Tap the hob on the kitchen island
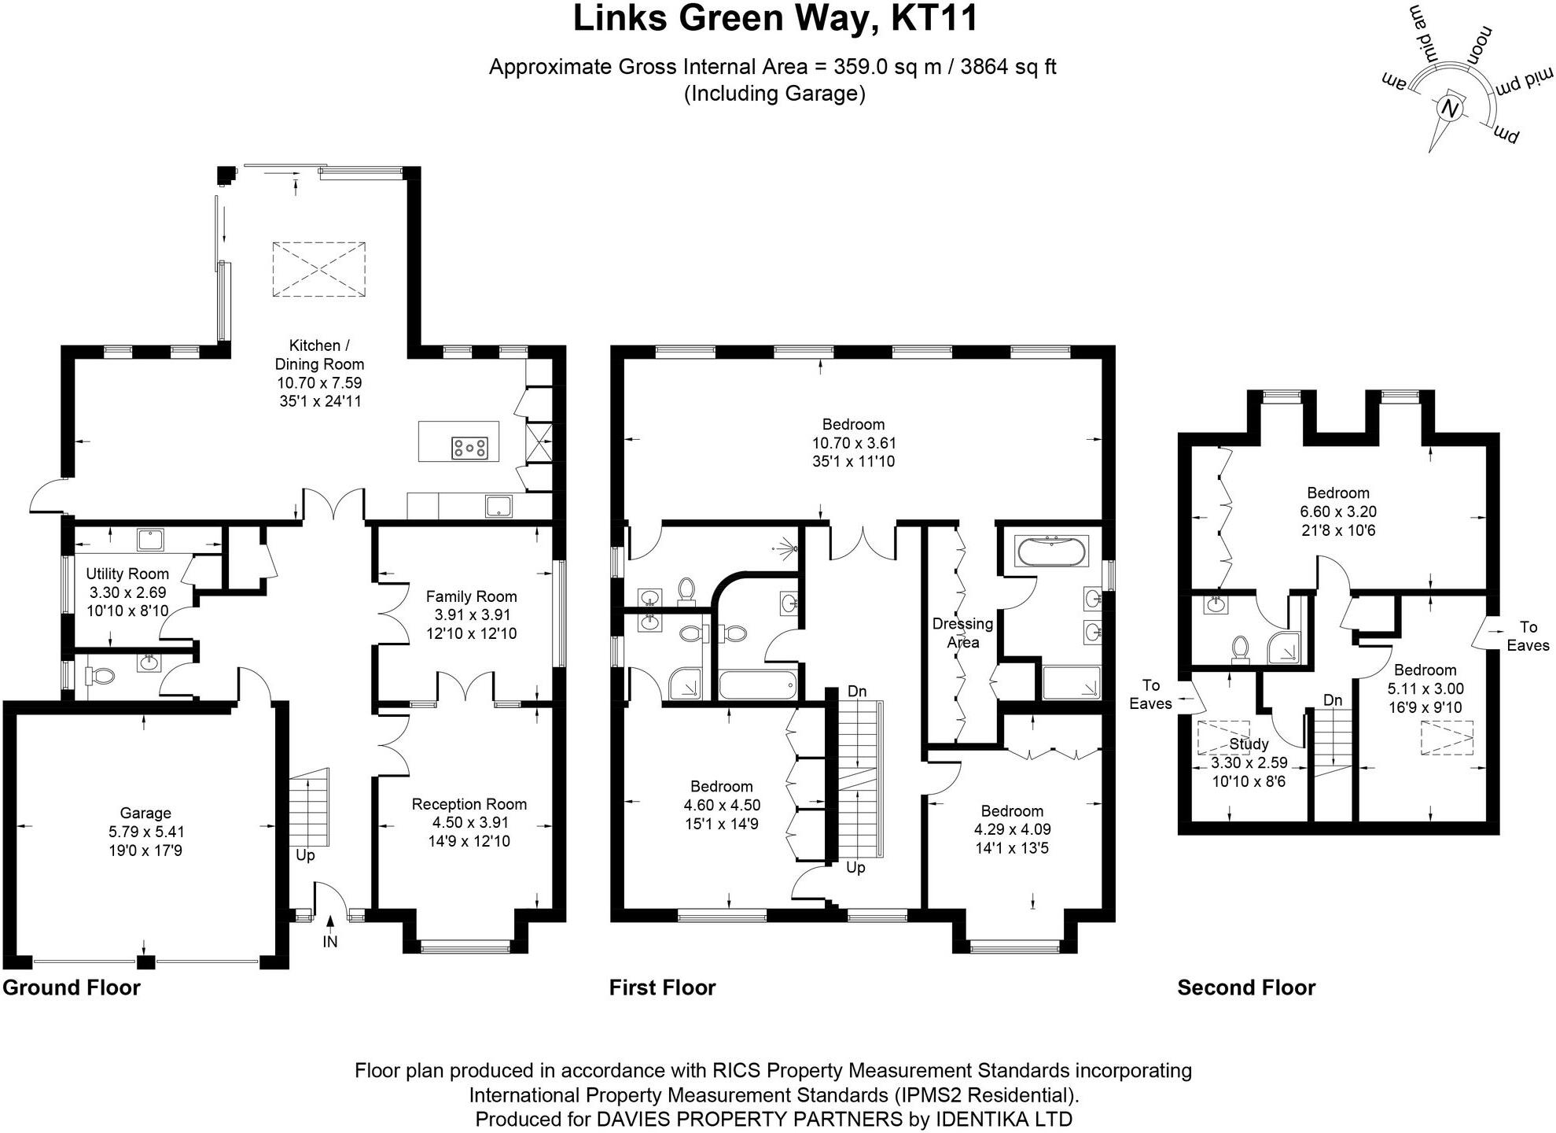469,448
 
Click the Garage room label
145,813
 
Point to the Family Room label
471,596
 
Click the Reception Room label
469,804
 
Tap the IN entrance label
330,941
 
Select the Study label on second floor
1249,744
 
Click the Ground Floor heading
72,987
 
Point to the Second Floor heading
1246,987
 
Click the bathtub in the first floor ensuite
1052,551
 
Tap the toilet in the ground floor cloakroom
100,675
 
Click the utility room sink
149,540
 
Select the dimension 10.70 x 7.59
319,383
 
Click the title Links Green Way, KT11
775,19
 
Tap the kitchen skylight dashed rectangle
319,269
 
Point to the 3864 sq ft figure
1008,67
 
